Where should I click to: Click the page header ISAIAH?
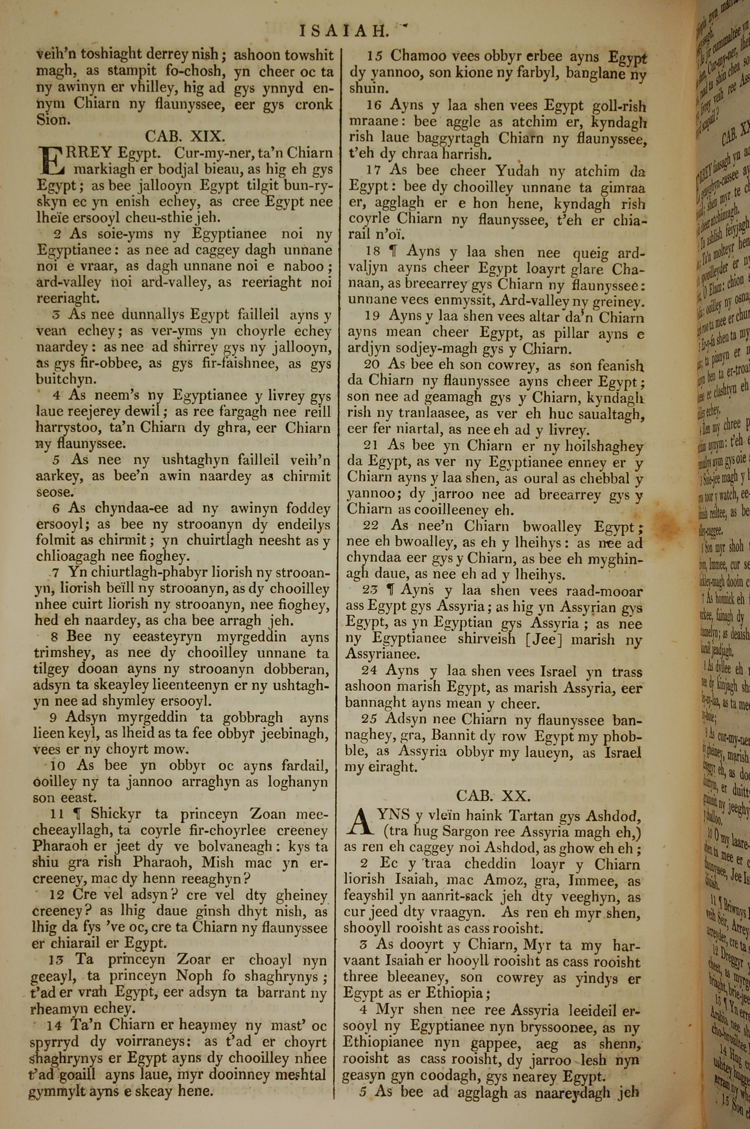343,31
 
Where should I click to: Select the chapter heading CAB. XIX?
184,137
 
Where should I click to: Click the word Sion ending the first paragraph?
54,120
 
